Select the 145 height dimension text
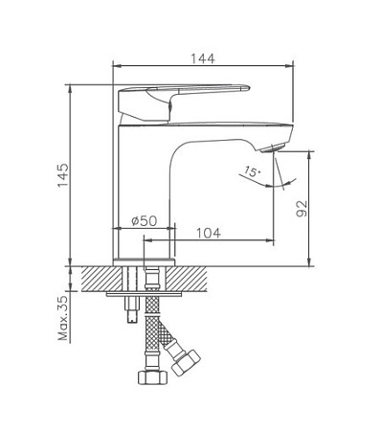pyautogui.click(x=64, y=177)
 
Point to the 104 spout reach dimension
pyautogui.click(x=212, y=232)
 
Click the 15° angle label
pyautogui.click(x=251, y=172)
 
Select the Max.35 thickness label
pyautogui.click(x=64, y=318)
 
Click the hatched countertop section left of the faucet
pyautogui.click(x=101, y=278)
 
